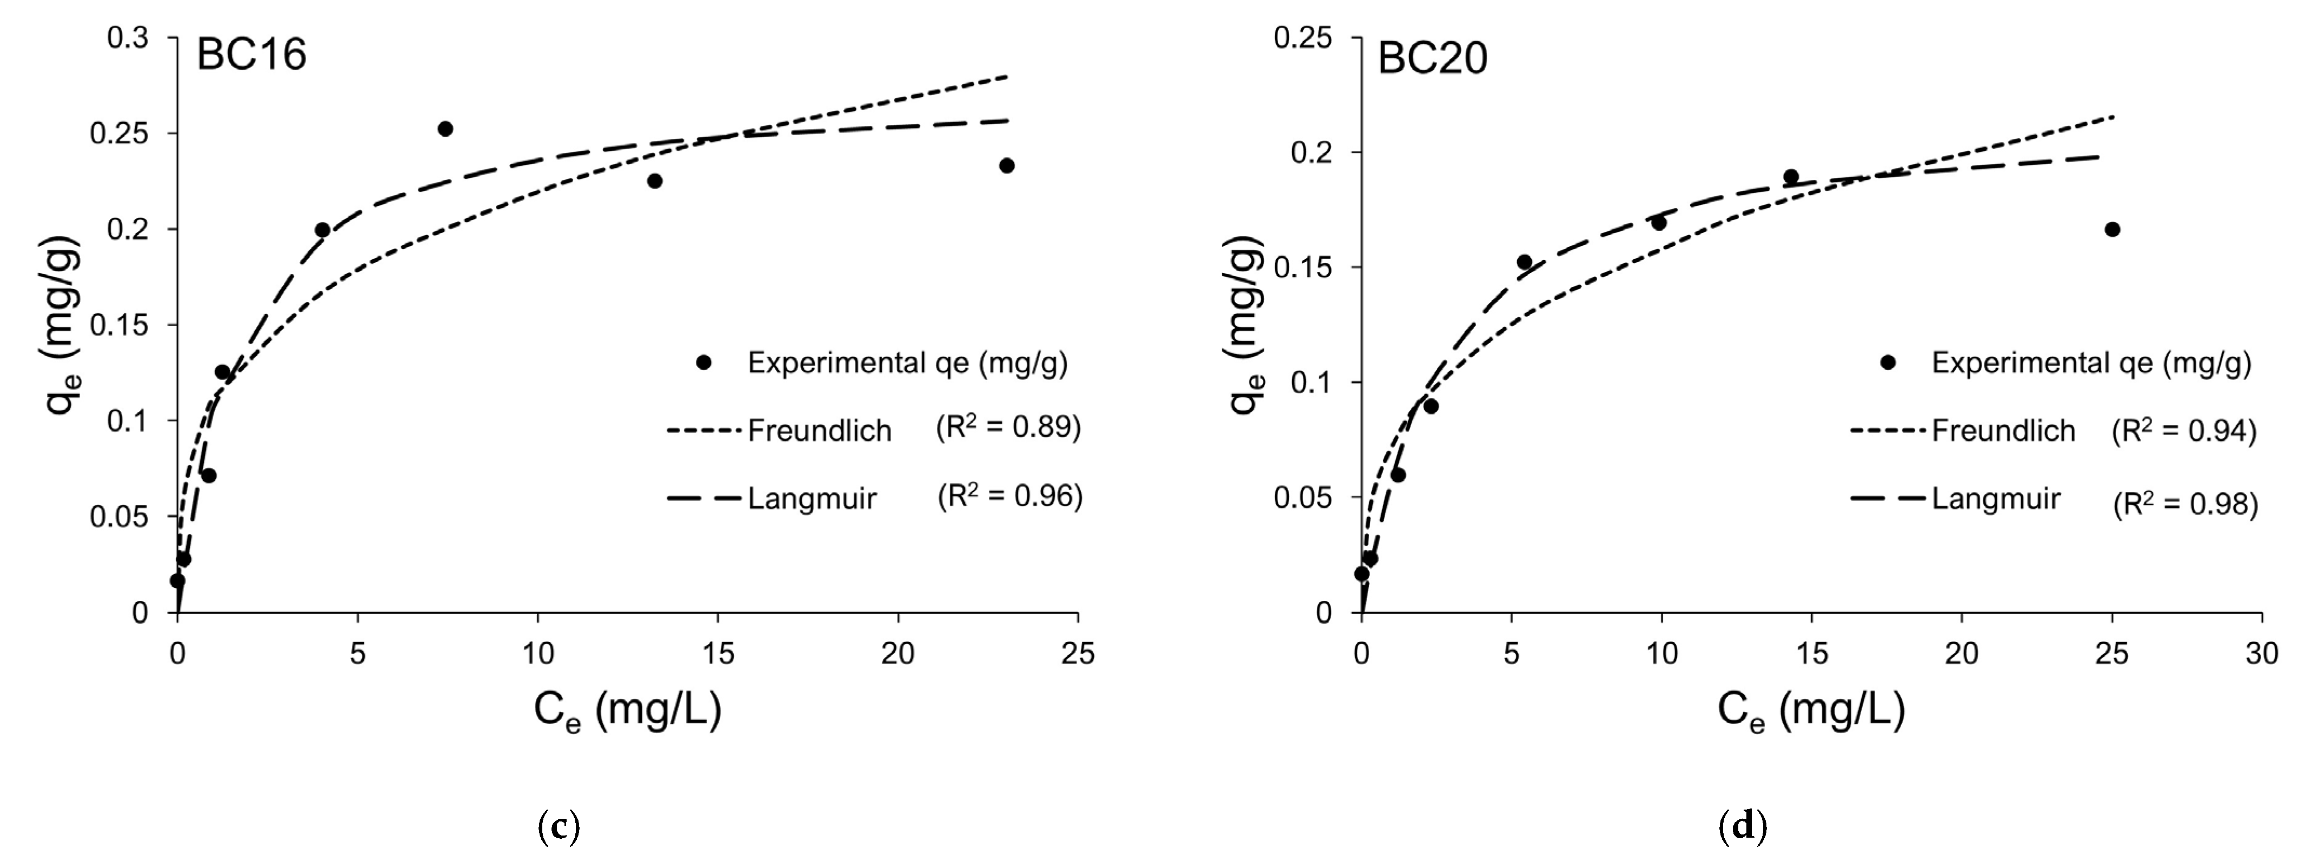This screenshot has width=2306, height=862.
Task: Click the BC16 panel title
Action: (251, 56)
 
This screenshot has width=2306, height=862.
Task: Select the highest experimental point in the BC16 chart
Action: (445, 129)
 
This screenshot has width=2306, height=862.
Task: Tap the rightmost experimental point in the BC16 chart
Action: (1006, 165)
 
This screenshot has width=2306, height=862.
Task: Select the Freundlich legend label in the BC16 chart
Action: (819, 431)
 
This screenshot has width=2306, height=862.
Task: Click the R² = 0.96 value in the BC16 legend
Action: (1010, 495)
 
